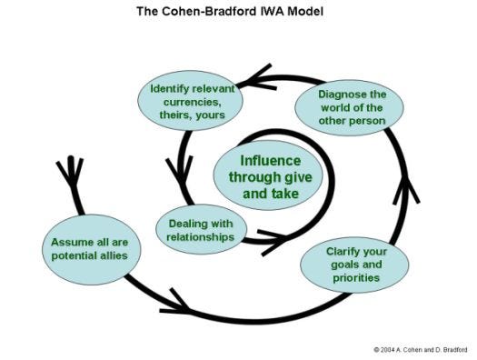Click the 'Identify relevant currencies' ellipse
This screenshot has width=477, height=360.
point(193,100)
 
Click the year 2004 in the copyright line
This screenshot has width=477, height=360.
point(391,348)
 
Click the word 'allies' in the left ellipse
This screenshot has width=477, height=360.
point(119,255)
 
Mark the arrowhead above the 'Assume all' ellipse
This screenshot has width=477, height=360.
point(68,170)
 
